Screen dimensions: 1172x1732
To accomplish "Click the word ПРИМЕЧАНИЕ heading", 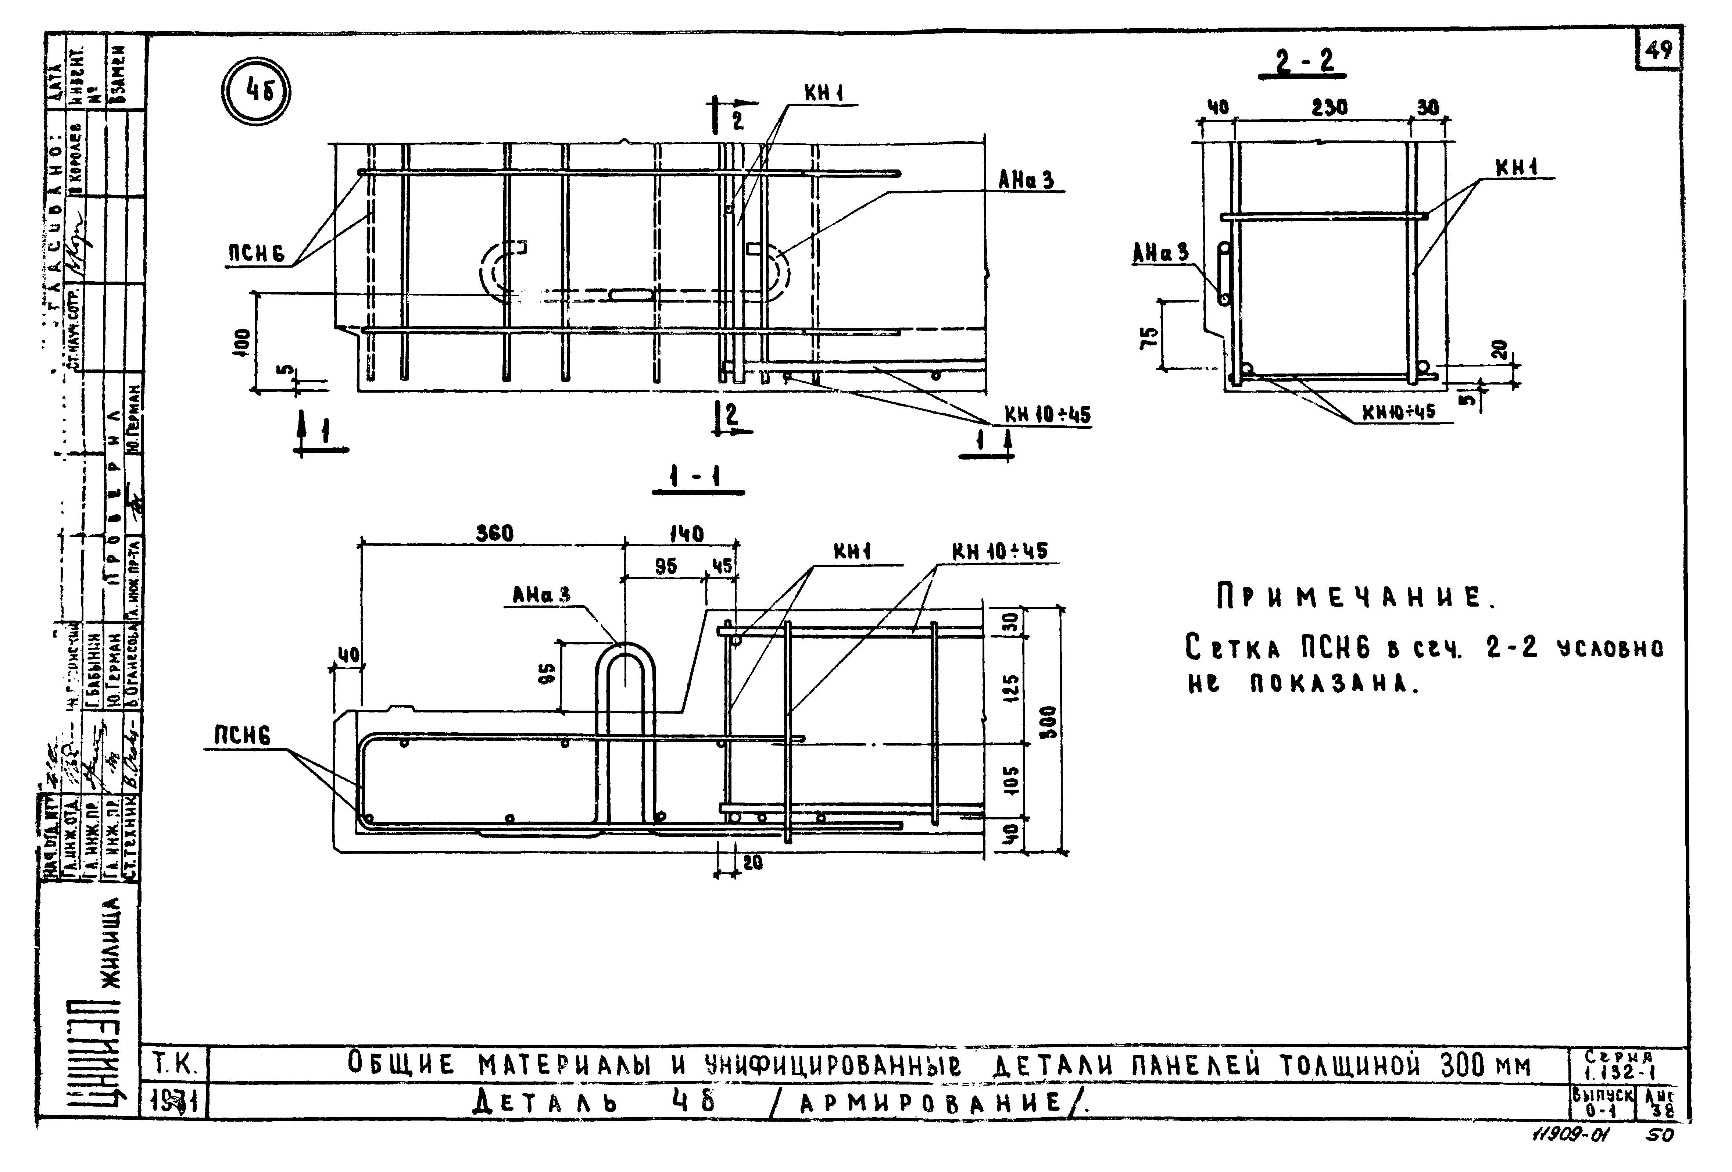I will pyautogui.click(x=1354, y=598).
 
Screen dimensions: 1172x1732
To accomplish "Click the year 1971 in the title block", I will pyautogui.click(x=173, y=1101).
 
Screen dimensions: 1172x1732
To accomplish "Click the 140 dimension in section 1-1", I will pyautogui.click(x=686, y=534).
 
